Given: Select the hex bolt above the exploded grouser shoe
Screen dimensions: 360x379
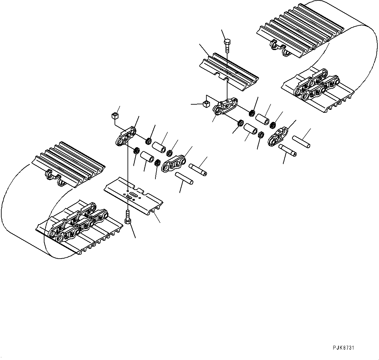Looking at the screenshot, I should tap(227, 45).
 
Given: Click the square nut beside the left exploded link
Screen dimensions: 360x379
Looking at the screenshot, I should tap(115, 115).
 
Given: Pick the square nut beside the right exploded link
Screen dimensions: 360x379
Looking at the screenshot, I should tap(205, 104).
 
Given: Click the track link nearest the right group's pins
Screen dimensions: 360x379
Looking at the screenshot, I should tap(278, 136).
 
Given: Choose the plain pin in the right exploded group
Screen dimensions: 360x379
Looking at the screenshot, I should tap(301, 142).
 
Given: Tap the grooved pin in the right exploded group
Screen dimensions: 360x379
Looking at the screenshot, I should tap(287, 150).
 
